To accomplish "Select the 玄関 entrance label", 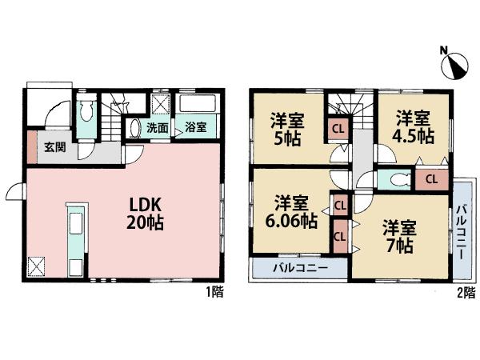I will click(54, 146).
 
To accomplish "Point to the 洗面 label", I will click(157, 128).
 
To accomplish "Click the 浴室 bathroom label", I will click(196, 128).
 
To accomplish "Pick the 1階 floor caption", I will click(214, 293).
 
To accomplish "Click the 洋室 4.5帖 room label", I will click(414, 127).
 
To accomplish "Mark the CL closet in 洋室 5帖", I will click(338, 129).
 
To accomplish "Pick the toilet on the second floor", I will click(393, 178).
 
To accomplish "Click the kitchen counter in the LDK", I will click(75, 239).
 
